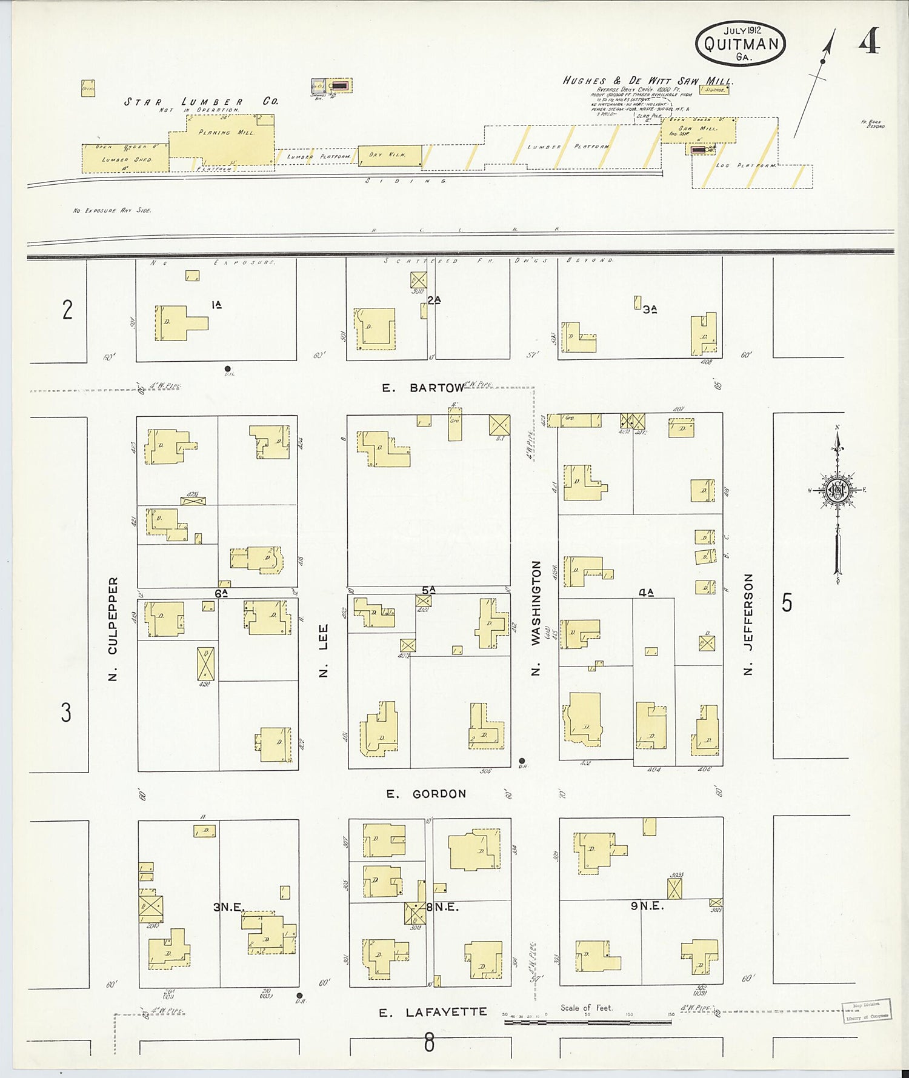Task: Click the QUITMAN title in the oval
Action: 741,44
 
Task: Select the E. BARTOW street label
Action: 424,388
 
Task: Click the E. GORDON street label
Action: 427,794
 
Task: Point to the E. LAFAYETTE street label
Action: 433,1013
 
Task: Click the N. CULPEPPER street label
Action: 113,628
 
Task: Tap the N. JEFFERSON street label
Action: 748,624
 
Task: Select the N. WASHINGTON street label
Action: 536,618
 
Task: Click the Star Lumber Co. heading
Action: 201,102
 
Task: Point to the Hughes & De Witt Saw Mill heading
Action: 648,81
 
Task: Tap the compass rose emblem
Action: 837,491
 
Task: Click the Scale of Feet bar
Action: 587,1023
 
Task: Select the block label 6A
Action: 221,593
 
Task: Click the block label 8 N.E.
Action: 442,907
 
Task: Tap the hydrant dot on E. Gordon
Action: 522,761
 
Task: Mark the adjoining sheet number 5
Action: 787,603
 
